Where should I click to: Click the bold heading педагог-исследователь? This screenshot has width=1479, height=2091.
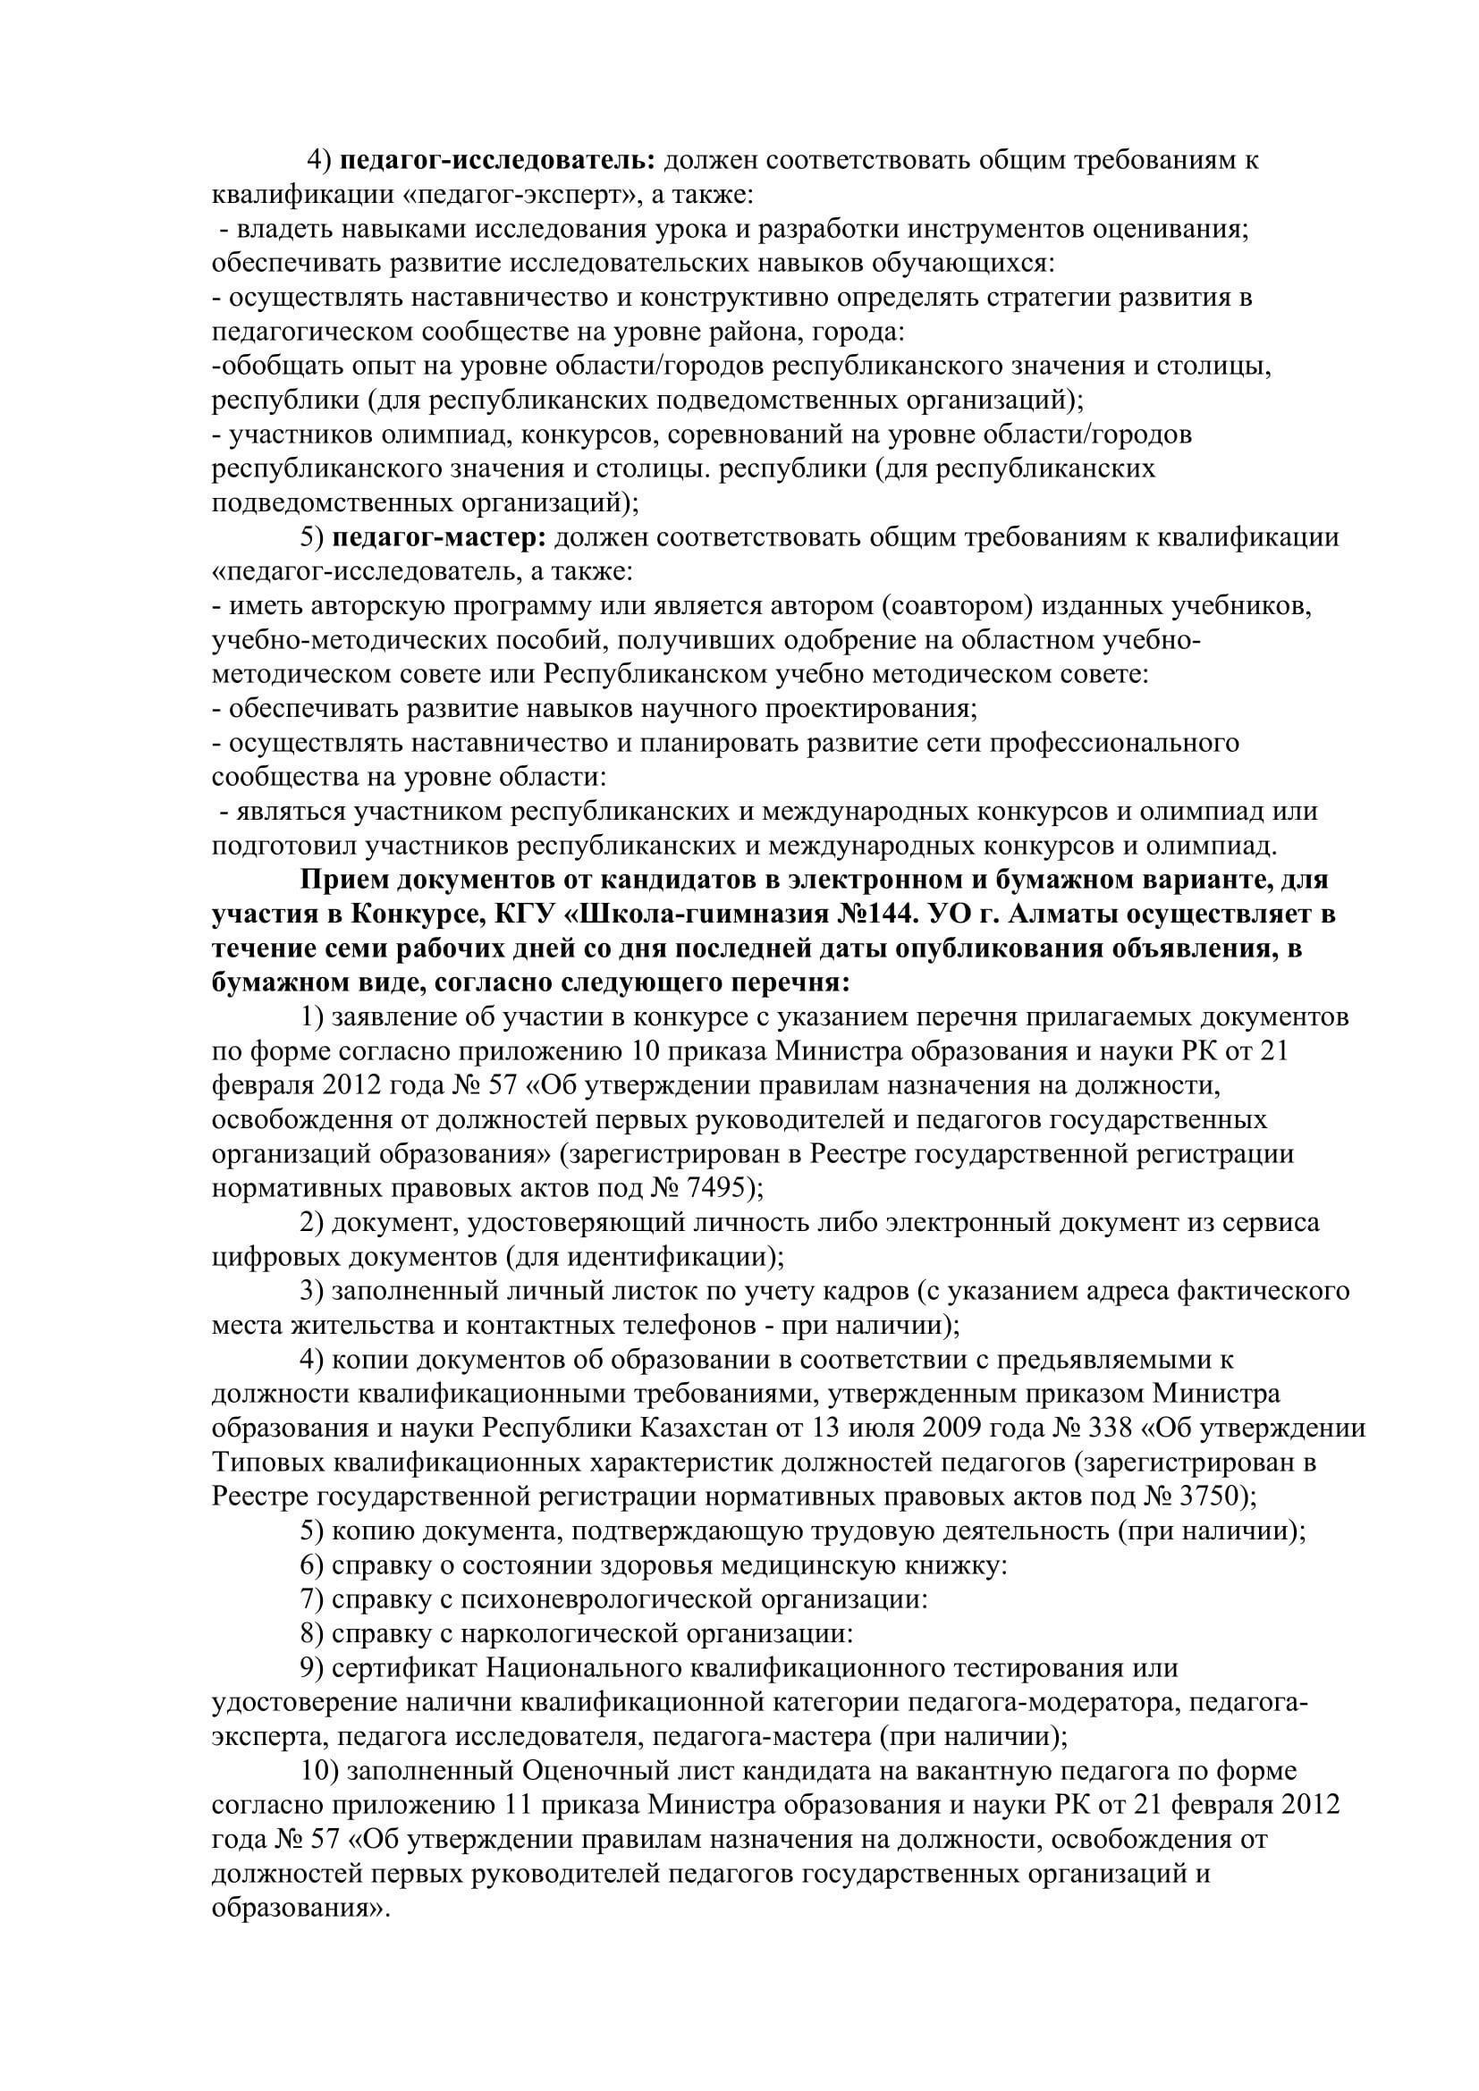click(497, 160)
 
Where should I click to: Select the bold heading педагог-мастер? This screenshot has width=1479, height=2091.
click(438, 537)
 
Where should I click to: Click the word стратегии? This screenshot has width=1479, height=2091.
click(1028, 298)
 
